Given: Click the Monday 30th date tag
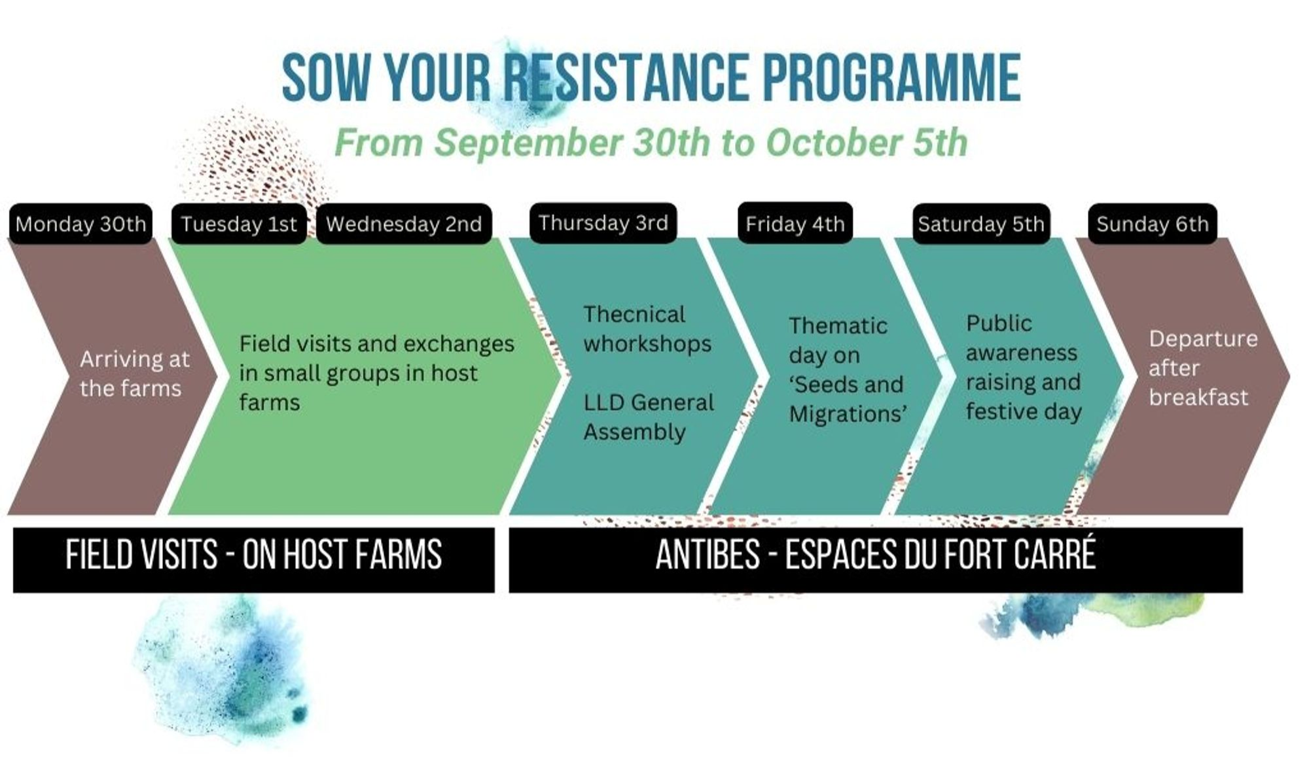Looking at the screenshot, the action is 81,224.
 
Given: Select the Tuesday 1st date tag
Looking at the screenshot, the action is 239,224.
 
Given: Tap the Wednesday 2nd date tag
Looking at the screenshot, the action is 404,224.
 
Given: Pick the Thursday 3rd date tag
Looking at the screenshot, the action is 603,222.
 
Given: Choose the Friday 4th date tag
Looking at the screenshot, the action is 795,223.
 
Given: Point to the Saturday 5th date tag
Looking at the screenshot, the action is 981,224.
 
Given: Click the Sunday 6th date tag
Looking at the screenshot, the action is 1153,224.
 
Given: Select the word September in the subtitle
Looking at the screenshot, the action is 529,143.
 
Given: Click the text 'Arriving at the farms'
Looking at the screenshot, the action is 135,374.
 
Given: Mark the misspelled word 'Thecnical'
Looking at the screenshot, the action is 634,314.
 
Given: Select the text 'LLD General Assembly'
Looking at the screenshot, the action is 649,417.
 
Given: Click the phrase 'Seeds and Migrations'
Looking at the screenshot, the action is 848,399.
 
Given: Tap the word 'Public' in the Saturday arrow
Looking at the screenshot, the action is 999,323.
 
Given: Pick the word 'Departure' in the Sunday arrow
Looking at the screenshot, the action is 1203,338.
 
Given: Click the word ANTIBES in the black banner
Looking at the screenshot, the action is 708,555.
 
